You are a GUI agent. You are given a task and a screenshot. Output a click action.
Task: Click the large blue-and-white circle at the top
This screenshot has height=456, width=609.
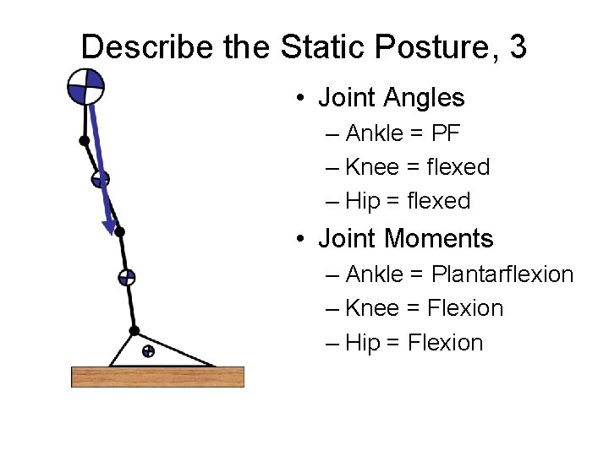pyautogui.click(x=86, y=86)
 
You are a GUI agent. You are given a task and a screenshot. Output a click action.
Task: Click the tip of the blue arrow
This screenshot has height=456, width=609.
pyautogui.click(x=110, y=229)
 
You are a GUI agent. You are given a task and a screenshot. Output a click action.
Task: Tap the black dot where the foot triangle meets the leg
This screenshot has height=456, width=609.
pyautogui.click(x=134, y=330)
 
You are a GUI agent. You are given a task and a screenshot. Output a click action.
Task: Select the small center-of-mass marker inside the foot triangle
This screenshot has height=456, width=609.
pyautogui.click(x=148, y=350)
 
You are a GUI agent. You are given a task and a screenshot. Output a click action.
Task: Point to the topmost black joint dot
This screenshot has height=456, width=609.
pyautogui.click(x=85, y=140)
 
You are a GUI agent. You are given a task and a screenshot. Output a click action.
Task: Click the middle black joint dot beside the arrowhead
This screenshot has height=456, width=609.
pyautogui.click(x=119, y=231)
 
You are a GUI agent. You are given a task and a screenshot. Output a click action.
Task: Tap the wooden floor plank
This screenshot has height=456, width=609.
pyautogui.click(x=157, y=377)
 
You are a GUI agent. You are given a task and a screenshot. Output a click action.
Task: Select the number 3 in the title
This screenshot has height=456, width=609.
pyautogui.click(x=518, y=46)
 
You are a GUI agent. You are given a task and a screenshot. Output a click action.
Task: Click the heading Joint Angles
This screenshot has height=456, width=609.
pyautogui.click(x=391, y=98)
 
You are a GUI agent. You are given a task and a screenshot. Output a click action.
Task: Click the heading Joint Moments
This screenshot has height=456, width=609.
pyautogui.click(x=405, y=239)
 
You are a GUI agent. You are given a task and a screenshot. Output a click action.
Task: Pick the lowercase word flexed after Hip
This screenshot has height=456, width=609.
pyautogui.click(x=438, y=201)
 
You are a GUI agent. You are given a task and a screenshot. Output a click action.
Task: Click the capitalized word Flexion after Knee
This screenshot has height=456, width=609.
pyautogui.click(x=465, y=308)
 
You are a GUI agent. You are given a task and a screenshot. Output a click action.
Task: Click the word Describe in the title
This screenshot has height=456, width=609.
pyautogui.click(x=149, y=46)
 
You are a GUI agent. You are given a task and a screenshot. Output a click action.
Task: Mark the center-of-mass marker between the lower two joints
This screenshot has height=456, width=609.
pyautogui.click(x=126, y=276)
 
